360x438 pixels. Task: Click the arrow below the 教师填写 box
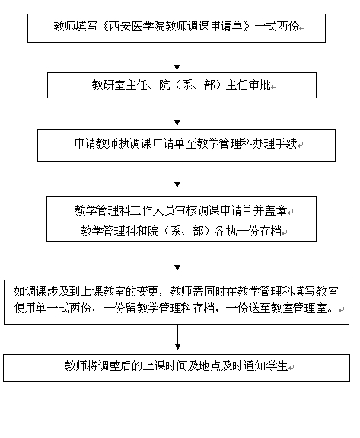coord(177,58)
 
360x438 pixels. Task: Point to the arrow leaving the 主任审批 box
coord(177,113)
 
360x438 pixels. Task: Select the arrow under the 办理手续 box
coord(177,175)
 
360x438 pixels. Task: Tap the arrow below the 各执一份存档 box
coord(177,258)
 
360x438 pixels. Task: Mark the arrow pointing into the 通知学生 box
coord(177,337)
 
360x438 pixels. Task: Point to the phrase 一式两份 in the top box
coord(276,26)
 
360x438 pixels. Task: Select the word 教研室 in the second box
coord(109,85)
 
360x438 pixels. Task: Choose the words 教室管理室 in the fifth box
coord(304,308)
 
